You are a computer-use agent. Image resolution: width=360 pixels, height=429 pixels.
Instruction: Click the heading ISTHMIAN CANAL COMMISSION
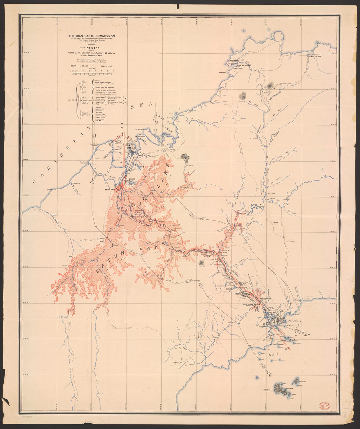point(91,36)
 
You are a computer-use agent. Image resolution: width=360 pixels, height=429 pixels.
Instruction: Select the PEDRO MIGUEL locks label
point(243,293)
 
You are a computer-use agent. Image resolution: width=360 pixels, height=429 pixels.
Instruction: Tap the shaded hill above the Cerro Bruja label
point(243,95)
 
